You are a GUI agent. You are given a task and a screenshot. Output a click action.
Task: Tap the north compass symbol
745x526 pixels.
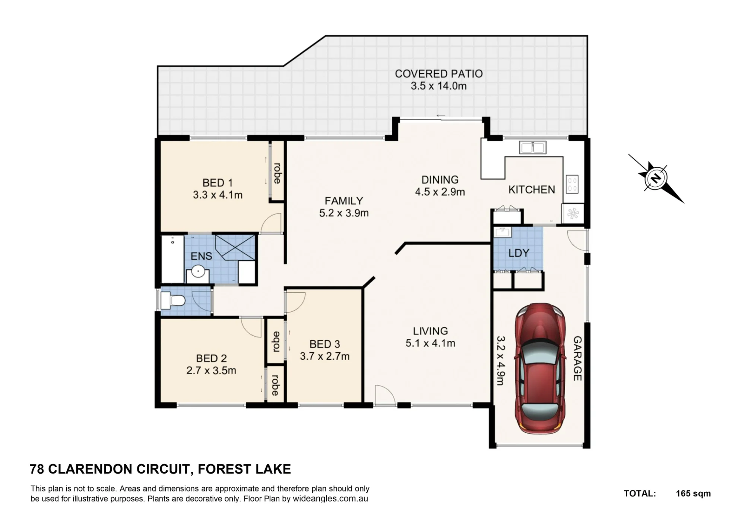[656, 179]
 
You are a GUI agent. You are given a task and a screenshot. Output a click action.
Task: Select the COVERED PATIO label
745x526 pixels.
[439, 74]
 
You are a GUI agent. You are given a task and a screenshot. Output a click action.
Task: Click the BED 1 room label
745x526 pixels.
[218, 183]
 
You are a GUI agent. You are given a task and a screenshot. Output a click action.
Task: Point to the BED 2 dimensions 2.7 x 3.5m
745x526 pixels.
[211, 371]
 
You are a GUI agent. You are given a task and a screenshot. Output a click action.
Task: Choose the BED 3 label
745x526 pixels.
[325, 344]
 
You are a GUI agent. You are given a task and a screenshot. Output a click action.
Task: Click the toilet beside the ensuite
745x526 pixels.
[172, 300]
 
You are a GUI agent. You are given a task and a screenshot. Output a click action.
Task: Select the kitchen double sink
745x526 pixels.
[533, 147]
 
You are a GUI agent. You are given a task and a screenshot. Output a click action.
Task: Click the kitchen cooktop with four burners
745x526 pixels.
[573, 184]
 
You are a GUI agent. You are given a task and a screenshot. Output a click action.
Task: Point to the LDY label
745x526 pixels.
[519, 253]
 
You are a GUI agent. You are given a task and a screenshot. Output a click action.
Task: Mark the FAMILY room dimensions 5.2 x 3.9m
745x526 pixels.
[344, 213]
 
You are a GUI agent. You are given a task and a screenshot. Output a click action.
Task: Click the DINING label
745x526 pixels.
[440, 180]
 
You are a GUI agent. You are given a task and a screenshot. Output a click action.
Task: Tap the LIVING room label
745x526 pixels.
[430, 331]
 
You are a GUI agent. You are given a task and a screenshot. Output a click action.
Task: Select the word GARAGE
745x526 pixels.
[577, 359]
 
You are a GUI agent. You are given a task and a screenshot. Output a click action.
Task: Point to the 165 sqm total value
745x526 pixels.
[693, 494]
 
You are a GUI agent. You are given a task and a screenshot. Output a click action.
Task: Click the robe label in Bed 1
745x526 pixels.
[277, 173]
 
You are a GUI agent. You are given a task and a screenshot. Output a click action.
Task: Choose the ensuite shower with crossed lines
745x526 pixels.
[235, 247]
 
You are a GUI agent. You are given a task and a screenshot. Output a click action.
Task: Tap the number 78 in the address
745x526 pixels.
[37, 469]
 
